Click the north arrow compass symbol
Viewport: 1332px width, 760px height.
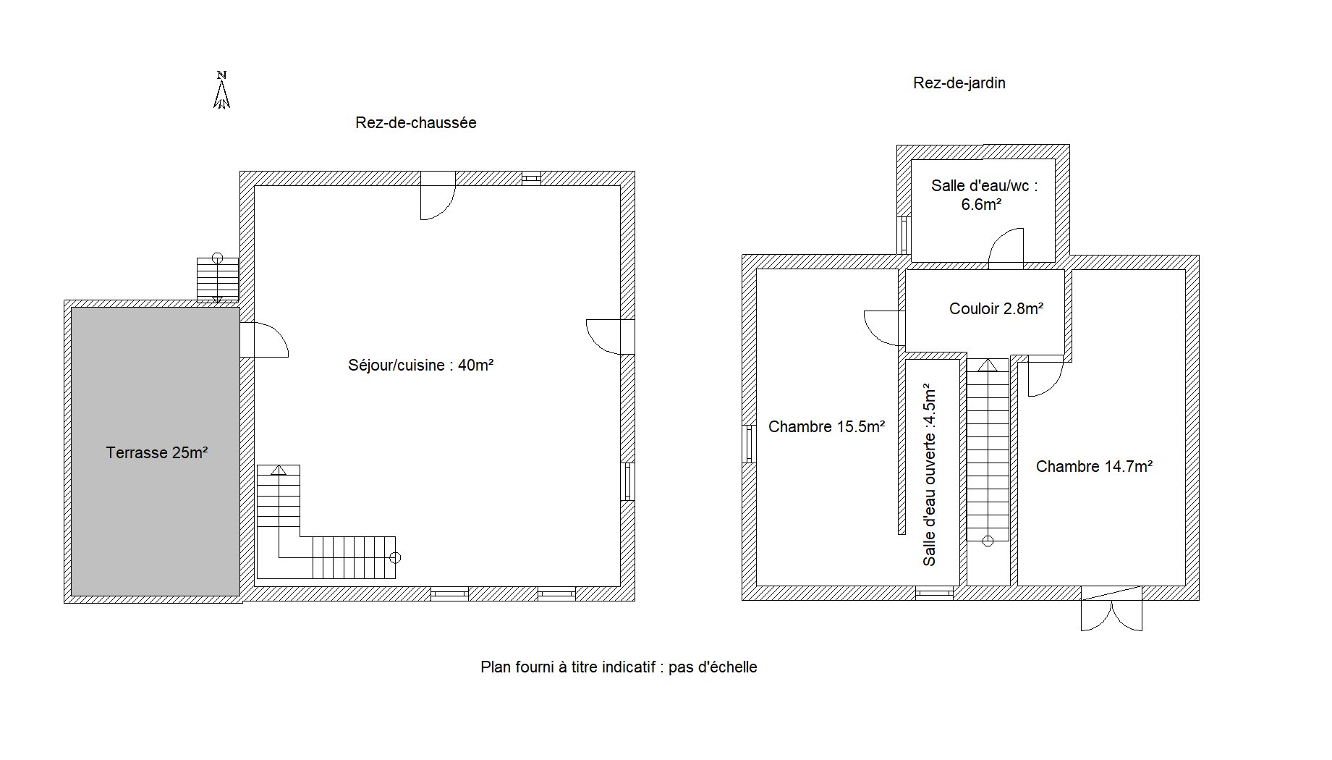coord(222,90)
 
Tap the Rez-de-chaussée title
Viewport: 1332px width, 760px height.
coord(416,123)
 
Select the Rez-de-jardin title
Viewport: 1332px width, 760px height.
coord(959,83)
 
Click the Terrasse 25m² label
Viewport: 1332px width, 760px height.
coord(157,453)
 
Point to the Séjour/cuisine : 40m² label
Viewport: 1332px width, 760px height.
coord(421,366)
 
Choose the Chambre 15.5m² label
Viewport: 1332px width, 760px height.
coord(827,427)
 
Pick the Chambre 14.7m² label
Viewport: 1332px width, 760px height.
coord(1095,467)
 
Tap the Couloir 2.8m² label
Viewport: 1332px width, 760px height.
coord(996,309)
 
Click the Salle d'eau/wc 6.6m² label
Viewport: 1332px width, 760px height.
coord(984,195)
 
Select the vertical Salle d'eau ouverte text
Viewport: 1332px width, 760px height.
coord(930,477)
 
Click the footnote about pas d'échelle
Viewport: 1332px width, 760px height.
coord(619,667)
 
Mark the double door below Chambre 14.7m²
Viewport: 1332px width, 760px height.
coord(1111,608)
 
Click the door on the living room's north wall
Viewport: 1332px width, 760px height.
coord(438,195)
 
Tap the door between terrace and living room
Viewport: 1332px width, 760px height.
coord(264,339)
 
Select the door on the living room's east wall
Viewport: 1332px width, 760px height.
coord(611,337)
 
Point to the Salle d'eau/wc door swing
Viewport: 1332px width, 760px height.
coord(1006,246)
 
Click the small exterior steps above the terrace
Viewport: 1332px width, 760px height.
coord(218,279)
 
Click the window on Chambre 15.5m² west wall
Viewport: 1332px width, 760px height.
coord(750,443)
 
